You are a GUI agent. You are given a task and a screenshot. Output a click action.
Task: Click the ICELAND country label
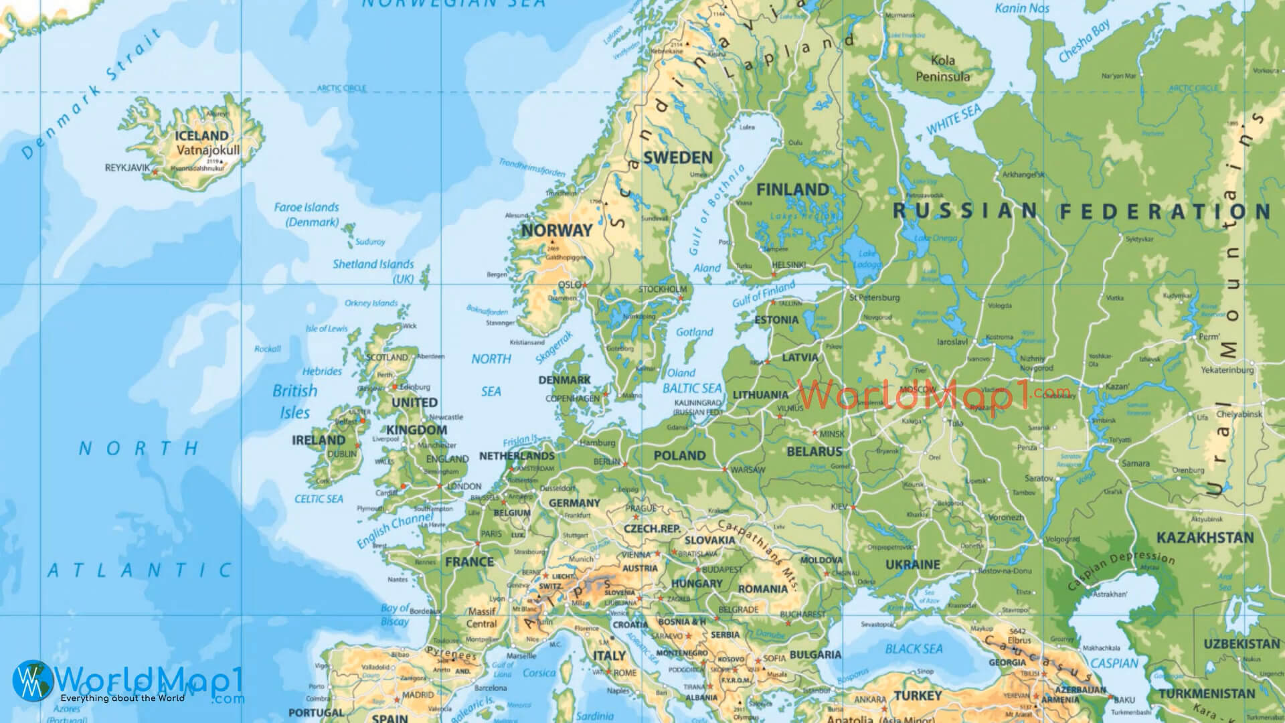click(201, 136)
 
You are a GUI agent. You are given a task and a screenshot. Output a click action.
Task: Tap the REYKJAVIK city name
click(128, 167)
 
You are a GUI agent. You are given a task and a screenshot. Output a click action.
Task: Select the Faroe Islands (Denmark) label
click(307, 214)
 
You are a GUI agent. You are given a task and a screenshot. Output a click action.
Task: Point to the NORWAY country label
click(557, 230)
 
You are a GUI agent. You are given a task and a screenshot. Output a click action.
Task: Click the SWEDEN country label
click(677, 158)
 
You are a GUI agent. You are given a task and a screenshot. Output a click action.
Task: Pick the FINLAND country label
click(792, 190)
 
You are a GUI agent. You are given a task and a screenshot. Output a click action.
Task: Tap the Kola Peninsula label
click(942, 68)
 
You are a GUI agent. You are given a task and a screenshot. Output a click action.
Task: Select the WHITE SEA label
click(953, 119)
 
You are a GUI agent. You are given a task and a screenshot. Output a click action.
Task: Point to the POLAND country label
click(679, 456)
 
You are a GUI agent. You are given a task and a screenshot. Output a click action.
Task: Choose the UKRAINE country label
click(913, 564)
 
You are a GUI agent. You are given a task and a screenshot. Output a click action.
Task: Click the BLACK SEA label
click(914, 649)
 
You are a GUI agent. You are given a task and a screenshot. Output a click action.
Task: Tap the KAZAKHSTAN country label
click(1205, 538)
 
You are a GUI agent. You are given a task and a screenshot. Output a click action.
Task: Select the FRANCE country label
click(469, 562)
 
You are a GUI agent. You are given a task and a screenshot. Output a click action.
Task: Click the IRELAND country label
click(319, 440)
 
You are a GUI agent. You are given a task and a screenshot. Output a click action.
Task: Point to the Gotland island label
click(695, 332)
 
